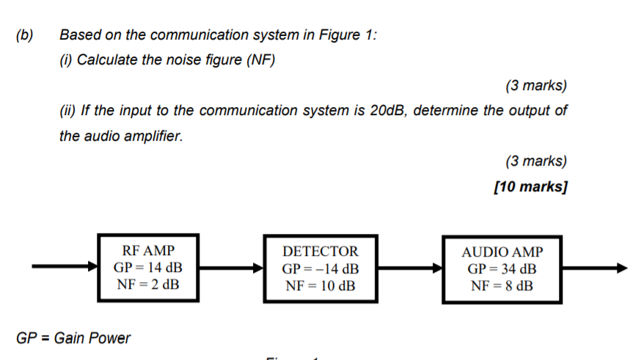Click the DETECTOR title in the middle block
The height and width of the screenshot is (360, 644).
(x=321, y=251)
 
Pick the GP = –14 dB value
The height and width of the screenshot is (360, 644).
(x=321, y=268)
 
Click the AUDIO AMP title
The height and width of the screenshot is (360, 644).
(x=502, y=252)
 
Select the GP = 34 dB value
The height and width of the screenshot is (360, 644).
(x=502, y=269)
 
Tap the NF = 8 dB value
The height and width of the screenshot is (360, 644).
(x=502, y=286)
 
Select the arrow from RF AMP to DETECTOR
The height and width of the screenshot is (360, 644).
(x=230, y=268)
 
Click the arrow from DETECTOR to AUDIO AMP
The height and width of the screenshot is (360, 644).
(x=410, y=269)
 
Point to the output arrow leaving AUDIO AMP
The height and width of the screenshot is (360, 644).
(x=595, y=268)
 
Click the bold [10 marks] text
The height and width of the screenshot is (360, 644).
(x=530, y=187)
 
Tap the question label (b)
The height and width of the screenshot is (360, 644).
(x=25, y=34)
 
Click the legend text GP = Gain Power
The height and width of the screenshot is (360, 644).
(x=73, y=338)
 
